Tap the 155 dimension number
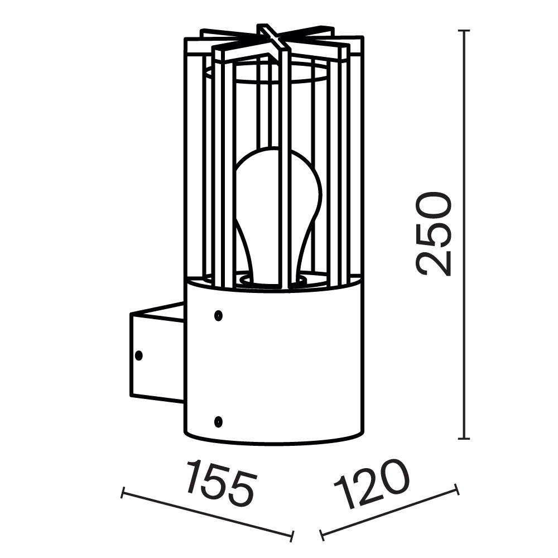tap(220, 483)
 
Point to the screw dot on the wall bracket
tap(138, 354)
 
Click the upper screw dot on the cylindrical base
tap(218, 316)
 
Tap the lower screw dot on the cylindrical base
tap(218, 420)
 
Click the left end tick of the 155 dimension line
tap(123, 493)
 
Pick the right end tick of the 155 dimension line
tap(291, 536)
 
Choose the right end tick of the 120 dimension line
tap(458, 489)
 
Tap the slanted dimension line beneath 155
tap(207, 514)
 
